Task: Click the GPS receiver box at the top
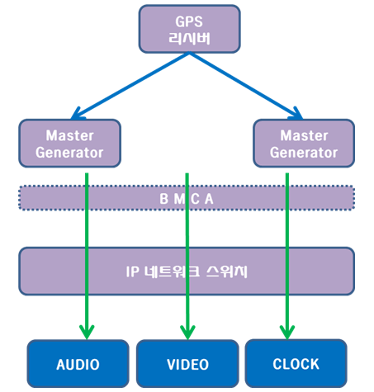click(x=189, y=29)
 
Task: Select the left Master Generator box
click(x=69, y=143)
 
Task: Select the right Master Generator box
click(x=304, y=143)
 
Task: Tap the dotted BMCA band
click(x=187, y=198)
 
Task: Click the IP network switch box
click(x=187, y=272)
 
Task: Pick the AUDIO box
click(x=78, y=364)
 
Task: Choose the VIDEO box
click(x=187, y=364)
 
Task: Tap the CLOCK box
click(x=296, y=363)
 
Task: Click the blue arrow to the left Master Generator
click(x=130, y=86)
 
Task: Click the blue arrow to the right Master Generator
click(x=246, y=86)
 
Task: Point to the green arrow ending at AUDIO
click(x=87, y=256)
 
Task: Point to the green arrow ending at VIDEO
click(x=187, y=256)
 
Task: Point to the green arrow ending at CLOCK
click(x=287, y=256)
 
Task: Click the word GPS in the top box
click(x=189, y=21)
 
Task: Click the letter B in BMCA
click(x=164, y=199)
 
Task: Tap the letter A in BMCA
click(x=209, y=199)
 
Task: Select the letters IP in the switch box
click(x=132, y=272)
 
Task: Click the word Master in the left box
click(x=70, y=135)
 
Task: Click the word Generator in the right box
click(x=304, y=153)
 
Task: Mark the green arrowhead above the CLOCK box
click(x=287, y=333)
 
